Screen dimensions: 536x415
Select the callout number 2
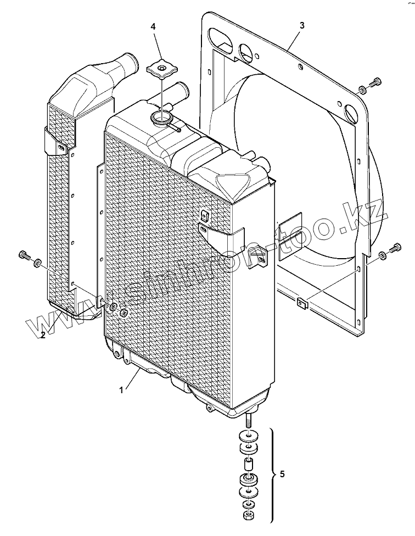click(x=43, y=336)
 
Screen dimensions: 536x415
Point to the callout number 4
click(x=153, y=26)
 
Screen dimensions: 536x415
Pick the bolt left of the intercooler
click(x=24, y=256)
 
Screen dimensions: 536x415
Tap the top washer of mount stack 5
click(x=249, y=437)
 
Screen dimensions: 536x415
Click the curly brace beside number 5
click(x=273, y=473)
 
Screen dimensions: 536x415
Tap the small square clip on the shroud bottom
click(x=301, y=302)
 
